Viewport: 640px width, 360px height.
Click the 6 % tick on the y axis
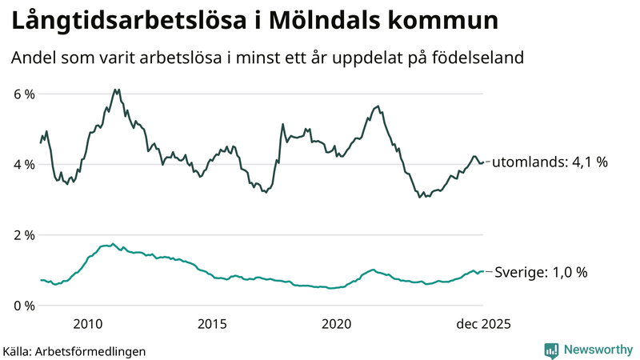pyautogui.click(x=24, y=94)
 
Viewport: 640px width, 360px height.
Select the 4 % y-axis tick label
pyautogui.click(x=24, y=165)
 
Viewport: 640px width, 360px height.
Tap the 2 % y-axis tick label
pyautogui.click(x=24, y=235)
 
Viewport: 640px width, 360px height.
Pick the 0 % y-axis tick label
pyautogui.click(x=24, y=306)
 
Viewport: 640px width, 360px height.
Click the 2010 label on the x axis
pyautogui.click(x=87, y=324)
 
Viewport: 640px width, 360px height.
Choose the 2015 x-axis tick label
pyautogui.click(x=212, y=324)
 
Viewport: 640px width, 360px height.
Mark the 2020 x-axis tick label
pyautogui.click(x=337, y=324)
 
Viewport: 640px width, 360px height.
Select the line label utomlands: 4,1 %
pyautogui.click(x=549, y=162)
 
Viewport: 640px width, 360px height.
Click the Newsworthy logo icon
pyautogui.click(x=551, y=350)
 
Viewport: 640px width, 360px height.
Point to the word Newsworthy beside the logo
pyautogui.click(x=598, y=350)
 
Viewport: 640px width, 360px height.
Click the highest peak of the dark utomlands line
pyautogui.click(x=116, y=90)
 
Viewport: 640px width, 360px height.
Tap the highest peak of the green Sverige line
pyautogui.click(x=113, y=244)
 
